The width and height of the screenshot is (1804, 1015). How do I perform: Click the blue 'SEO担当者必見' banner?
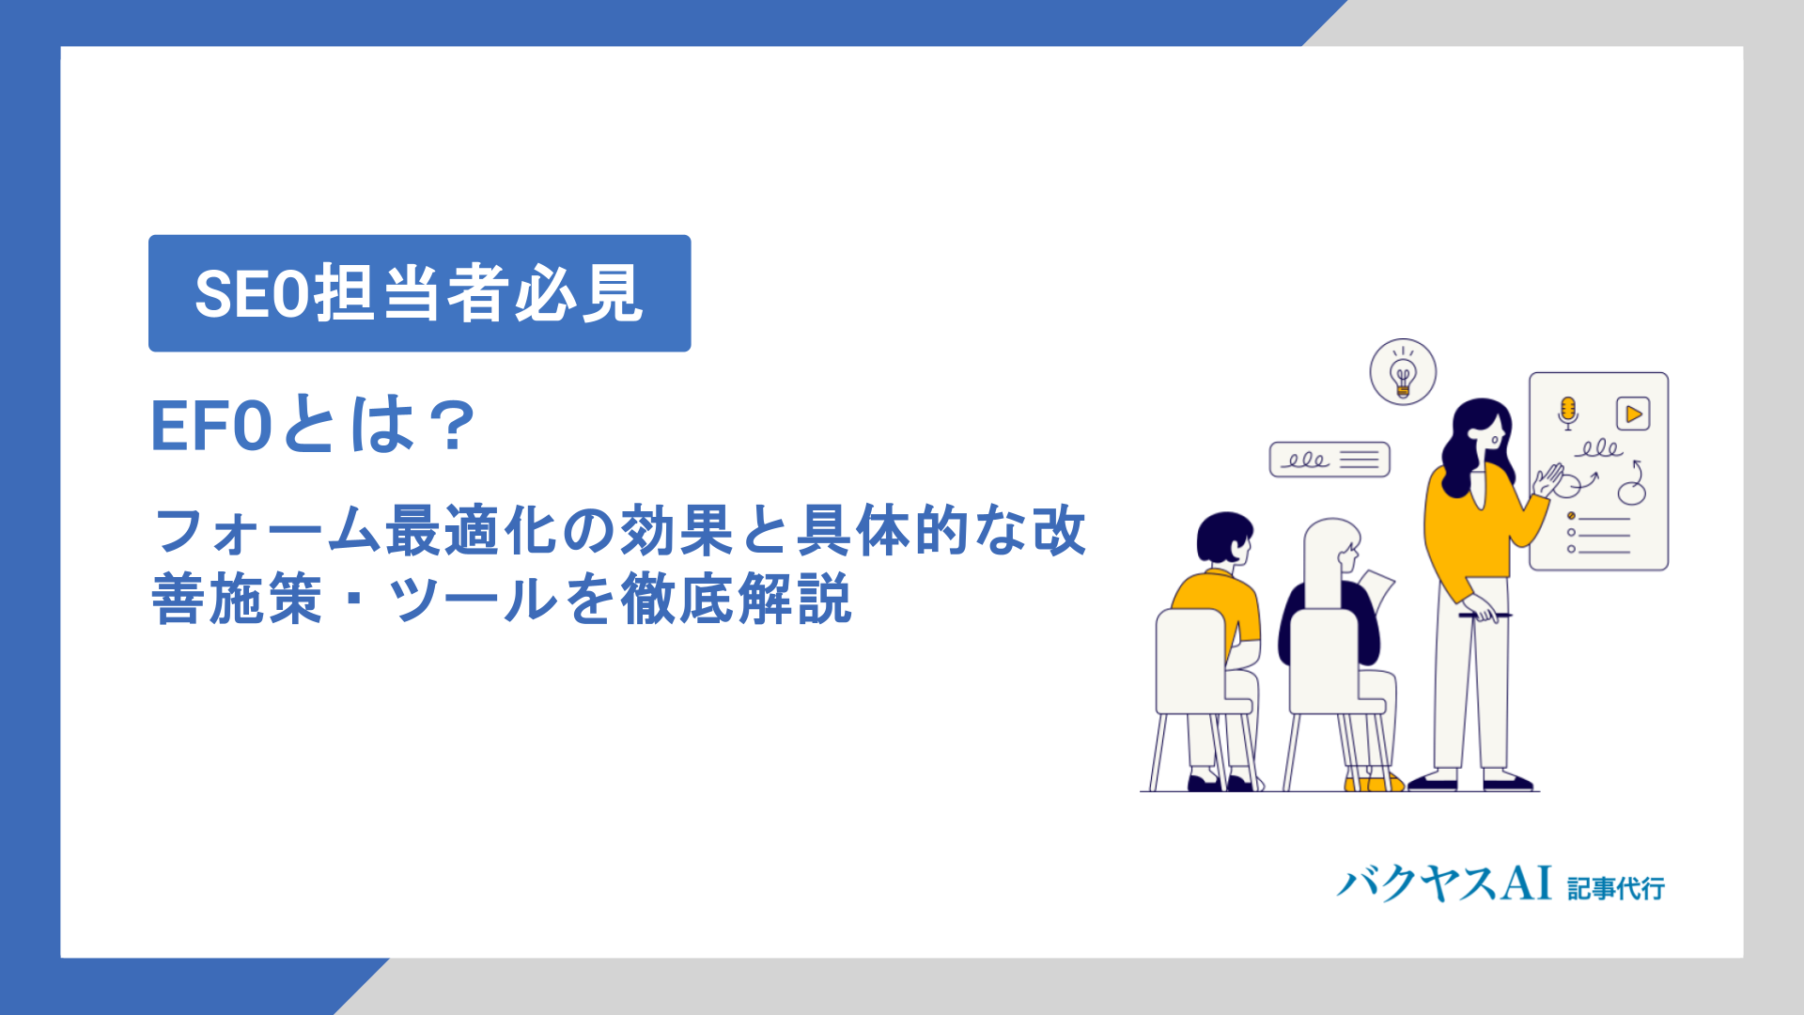tap(419, 293)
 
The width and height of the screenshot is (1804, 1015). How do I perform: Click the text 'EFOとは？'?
tap(314, 426)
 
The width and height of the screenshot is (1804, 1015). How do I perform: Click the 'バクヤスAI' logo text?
tap(1444, 884)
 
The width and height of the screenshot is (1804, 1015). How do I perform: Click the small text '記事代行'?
tap(1616, 888)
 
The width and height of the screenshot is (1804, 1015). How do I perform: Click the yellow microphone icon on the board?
tap(1567, 413)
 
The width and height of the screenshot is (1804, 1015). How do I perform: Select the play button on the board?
tap(1633, 414)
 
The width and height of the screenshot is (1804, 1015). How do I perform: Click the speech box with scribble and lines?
tap(1330, 460)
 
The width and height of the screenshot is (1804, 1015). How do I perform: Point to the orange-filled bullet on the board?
tap(1571, 516)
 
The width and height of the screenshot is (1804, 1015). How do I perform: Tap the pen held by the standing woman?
tap(1485, 616)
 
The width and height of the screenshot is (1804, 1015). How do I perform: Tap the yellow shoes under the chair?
tap(1374, 783)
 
